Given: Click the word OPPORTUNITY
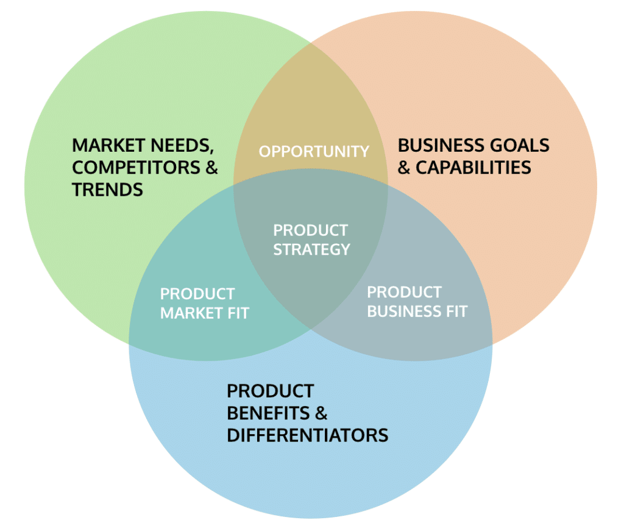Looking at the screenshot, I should pyautogui.click(x=314, y=151).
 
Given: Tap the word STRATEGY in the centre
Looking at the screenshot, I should pyautogui.click(x=311, y=249).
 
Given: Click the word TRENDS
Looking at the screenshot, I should pyautogui.click(x=107, y=190).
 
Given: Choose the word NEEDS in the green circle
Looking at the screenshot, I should pyautogui.click(x=181, y=146).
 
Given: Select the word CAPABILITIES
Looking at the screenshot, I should pyautogui.click(x=473, y=168).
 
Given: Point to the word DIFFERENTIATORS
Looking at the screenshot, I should pyautogui.click(x=307, y=435).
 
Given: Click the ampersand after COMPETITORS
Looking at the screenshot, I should pyautogui.click(x=211, y=168).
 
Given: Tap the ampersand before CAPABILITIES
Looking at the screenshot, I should pyautogui.click(x=404, y=168).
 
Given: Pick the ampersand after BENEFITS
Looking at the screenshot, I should pyautogui.click(x=321, y=413).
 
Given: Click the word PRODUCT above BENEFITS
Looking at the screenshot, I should pyautogui.click(x=270, y=391).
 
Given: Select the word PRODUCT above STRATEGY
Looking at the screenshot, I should pyautogui.click(x=310, y=230).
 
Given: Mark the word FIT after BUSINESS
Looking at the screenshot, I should pyautogui.click(x=455, y=312).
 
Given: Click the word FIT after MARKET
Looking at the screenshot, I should pyautogui.click(x=238, y=313).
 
